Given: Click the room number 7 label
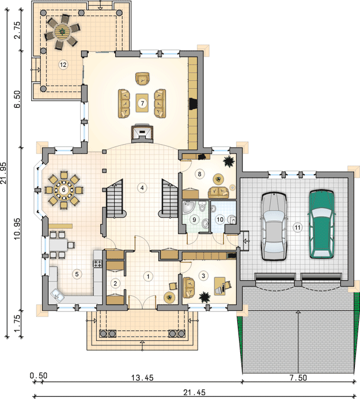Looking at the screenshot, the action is point(142,103).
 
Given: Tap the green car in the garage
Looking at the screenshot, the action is point(321,224).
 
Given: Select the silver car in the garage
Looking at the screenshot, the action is point(274,226).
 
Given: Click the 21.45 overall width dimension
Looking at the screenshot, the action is point(195,392).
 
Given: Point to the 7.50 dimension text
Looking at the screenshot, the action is point(298,378).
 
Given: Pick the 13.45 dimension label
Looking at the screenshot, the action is point(142,378).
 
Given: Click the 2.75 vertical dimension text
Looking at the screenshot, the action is point(17,30).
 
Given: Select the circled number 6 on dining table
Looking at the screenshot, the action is point(63,190).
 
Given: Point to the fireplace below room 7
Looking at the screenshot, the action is point(142,133).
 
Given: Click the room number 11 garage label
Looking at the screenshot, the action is point(297,227).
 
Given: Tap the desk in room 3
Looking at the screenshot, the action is point(220,286).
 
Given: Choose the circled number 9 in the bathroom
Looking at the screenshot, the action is point(194,219).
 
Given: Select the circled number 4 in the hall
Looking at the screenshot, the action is point(142,188).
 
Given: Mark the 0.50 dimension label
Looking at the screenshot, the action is point(39,375).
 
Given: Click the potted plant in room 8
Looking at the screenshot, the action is point(229,161).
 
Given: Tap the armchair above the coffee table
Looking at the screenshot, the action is point(142,78).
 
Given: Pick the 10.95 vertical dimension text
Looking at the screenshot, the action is point(17,228).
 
